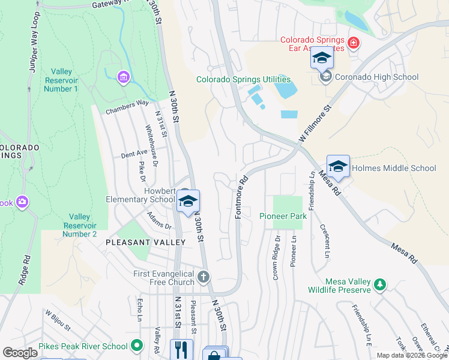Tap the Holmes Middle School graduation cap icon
tap(338, 167)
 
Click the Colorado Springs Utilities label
tap(244, 79)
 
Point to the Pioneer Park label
tap(283, 216)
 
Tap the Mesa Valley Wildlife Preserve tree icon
tap(379, 283)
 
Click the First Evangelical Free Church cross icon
tap(204, 277)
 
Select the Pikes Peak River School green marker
tap(137, 346)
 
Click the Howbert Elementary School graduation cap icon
tap(188, 202)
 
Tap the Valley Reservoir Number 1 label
tap(61, 80)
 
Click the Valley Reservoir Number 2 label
tap(79, 225)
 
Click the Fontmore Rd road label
tap(241, 197)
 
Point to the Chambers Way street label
tap(127, 107)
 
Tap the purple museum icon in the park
tap(124, 77)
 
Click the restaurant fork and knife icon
tap(181, 349)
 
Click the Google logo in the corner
tap(20, 352)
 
